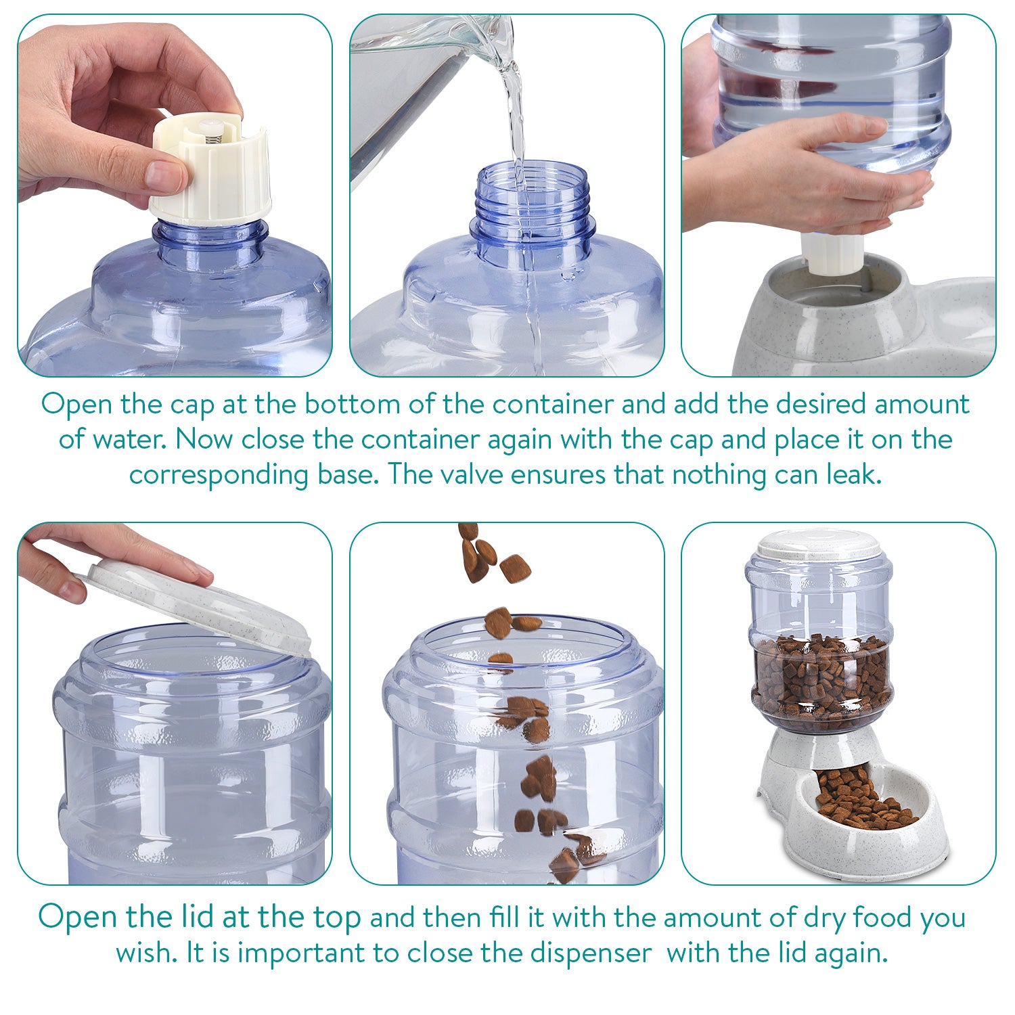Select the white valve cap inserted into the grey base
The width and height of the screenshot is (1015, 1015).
coord(830,254)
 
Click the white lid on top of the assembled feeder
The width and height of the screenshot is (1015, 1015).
coord(819,543)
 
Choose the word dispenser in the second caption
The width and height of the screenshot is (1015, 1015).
coord(590,953)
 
